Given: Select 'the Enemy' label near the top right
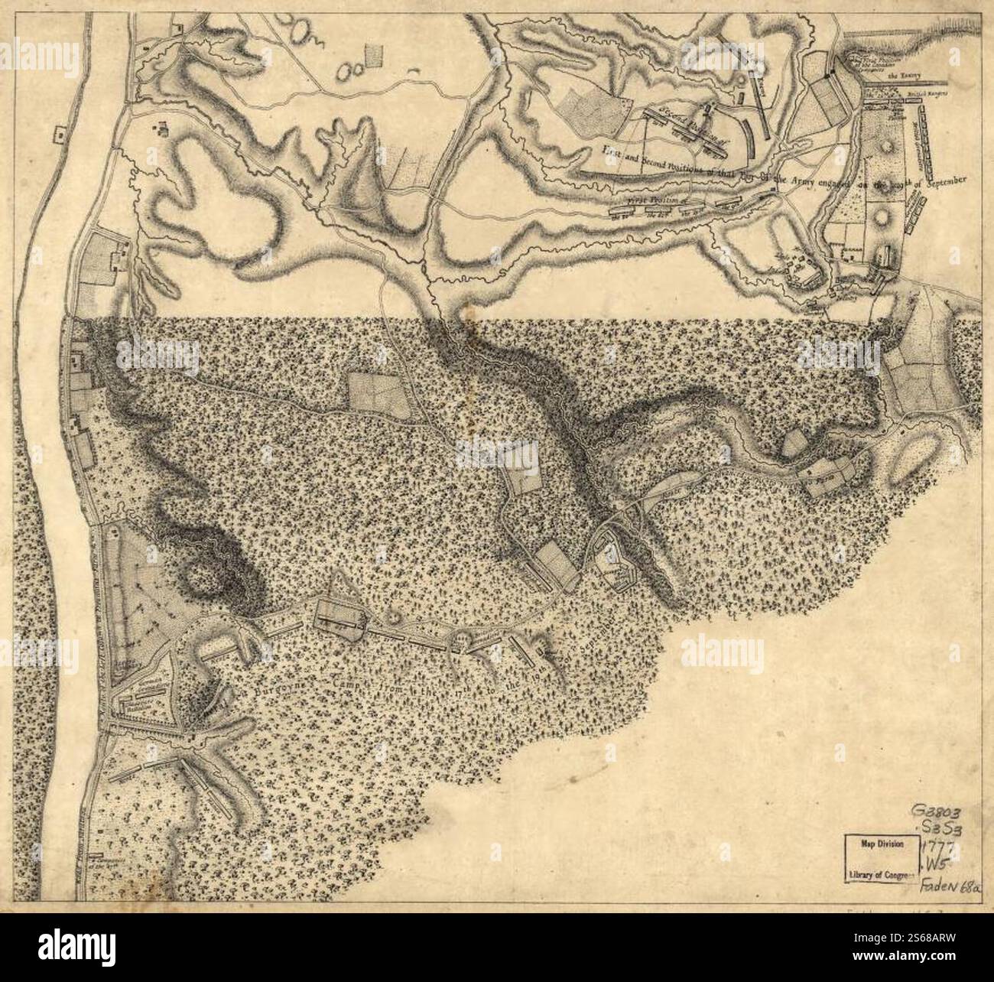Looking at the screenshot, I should pos(902,76).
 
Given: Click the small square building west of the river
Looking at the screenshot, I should pos(57,135).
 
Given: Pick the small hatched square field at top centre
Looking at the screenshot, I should pos(374,57).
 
